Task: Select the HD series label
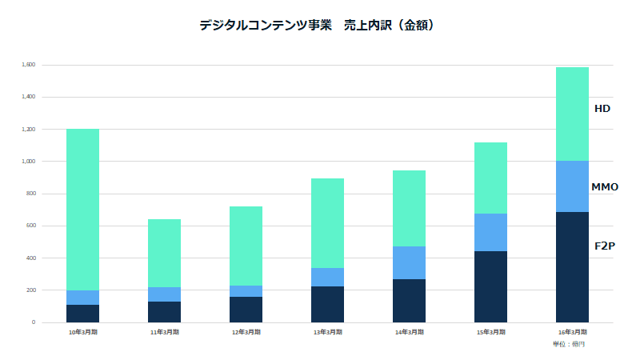(x=602, y=108)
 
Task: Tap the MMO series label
(x=604, y=187)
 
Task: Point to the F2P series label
(x=604, y=246)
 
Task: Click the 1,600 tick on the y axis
(x=28, y=65)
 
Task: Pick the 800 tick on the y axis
(x=30, y=194)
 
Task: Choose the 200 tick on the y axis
(x=30, y=290)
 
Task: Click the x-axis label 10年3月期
(x=82, y=331)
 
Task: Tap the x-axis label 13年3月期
(x=327, y=331)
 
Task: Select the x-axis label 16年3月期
(x=572, y=331)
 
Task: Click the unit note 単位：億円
(x=569, y=344)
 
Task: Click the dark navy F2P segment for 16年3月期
(x=572, y=267)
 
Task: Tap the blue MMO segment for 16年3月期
(x=572, y=186)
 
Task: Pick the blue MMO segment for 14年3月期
(x=409, y=262)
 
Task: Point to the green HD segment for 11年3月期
(x=164, y=253)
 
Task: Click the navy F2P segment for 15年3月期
(x=490, y=286)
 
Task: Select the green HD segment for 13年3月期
(x=327, y=223)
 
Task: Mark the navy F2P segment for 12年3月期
(x=246, y=310)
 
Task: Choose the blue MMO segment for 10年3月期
(x=82, y=298)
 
